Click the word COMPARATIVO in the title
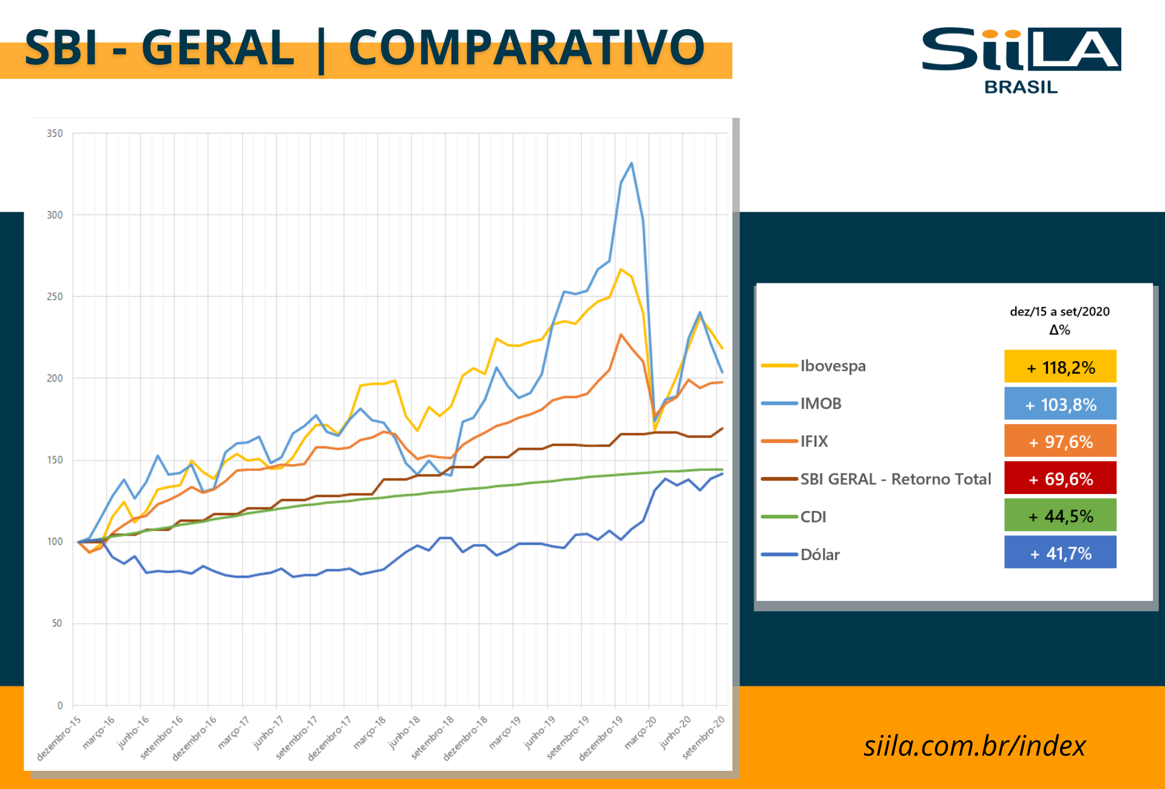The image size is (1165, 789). pyautogui.click(x=526, y=49)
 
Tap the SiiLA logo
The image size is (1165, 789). pyautogui.click(x=1021, y=49)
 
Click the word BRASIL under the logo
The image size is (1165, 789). pyautogui.click(x=1021, y=87)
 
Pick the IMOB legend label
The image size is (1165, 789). pyautogui.click(x=820, y=404)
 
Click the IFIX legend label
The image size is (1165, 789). pyautogui.click(x=814, y=441)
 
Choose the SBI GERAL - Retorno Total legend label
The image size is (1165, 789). pyautogui.click(x=895, y=479)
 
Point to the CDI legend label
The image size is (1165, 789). pyautogui.click(x=813, y=517)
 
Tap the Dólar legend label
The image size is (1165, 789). pyautogui.click(x=820, y=555)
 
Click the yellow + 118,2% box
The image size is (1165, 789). pyautogui.click(x=1060, y=367)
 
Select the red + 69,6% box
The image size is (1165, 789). pyautogui.click(x=1060, y=478)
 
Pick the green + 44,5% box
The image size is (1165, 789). pyautogui.click(x=1060, y=516)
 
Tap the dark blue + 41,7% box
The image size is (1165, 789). pyautogui.click(x=1060, y=552)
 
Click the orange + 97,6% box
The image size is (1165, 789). pyautogui.click(x=1060, y=441)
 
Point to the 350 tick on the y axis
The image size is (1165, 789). pyautogui.click(x=55, y=134)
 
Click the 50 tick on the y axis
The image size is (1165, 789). pyautogui.click(x=56, y=623)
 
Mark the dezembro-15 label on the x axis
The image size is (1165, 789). pyautogui.click(x=59, y=738)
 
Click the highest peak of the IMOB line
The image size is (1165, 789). pyautogui.click(x=632, y=163)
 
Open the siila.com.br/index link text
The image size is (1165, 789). pyautogui.click(x=974, y=746)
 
